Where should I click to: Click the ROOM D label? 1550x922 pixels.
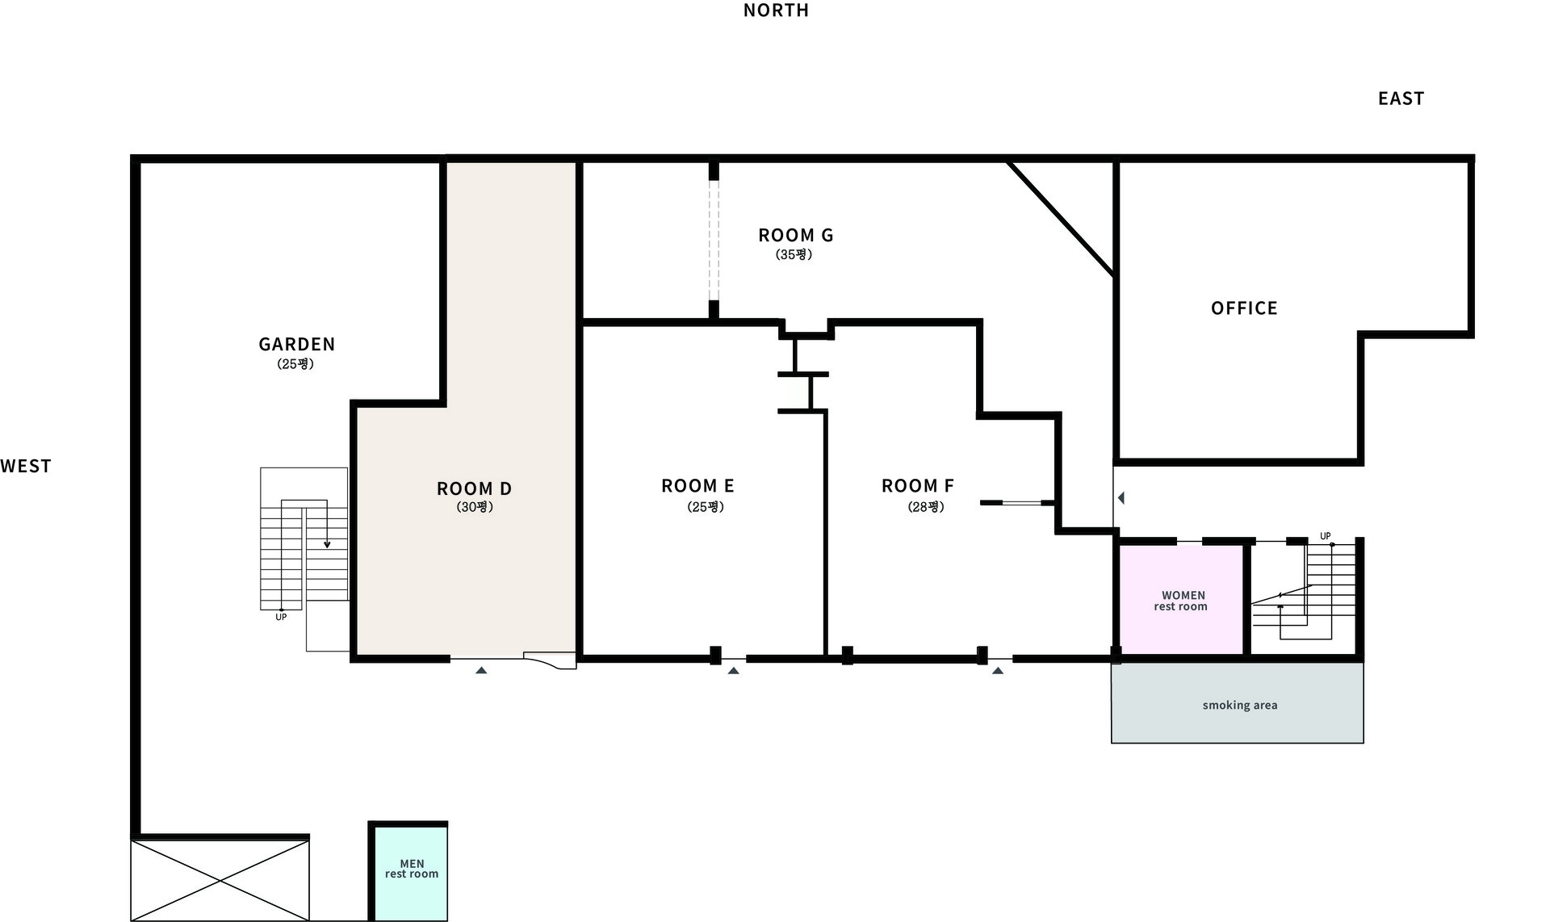pos(474,488)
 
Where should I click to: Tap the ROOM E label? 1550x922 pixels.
pos(697,486)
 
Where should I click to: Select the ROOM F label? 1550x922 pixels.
pos(918,486)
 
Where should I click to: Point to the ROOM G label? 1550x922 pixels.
pos(795,235)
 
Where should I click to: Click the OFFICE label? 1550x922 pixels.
pos(1244,308)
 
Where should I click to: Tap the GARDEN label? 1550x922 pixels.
pos(296,344)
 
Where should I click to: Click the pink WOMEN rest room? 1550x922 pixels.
pos(1181,600)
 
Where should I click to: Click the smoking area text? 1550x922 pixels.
pos(1240,706)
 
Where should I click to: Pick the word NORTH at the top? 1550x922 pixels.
pos(776,10)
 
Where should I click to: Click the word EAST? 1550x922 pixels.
pos(1401,98)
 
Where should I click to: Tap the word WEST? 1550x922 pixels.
pos(26,466)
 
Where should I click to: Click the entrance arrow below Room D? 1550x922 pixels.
pos(481,670)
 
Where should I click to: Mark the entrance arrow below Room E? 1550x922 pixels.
pos(733,670)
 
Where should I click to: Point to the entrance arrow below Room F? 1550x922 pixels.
pos(998,670)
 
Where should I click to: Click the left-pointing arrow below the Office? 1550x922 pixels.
pos(1121,498)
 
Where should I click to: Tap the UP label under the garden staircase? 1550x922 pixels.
pos(281,618)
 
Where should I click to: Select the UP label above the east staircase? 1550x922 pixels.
pos(1325,536)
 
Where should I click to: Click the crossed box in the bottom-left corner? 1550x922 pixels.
pos(220,880)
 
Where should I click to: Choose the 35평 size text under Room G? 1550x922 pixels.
pos(794,254)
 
